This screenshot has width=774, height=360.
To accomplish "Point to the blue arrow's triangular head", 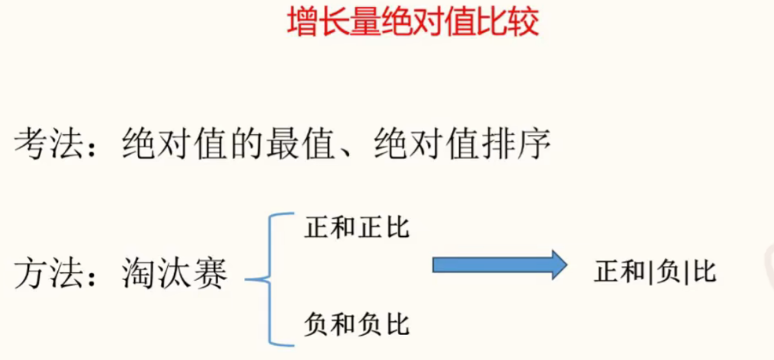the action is [x=554, y=265].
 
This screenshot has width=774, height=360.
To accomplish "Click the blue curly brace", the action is [x=268, y=278].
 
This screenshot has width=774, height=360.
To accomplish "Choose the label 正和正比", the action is [x=356, y=228].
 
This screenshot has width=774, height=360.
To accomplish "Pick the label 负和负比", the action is [x=356, y=325].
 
